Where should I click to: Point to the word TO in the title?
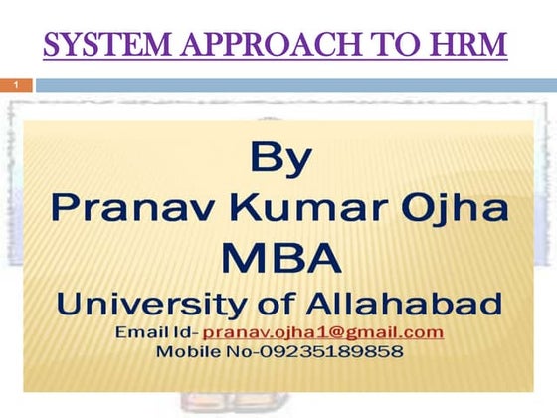[403, 46]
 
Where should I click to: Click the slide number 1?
[16, 87]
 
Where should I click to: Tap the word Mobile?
[186, 351]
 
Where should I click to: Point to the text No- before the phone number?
[237, 351]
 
